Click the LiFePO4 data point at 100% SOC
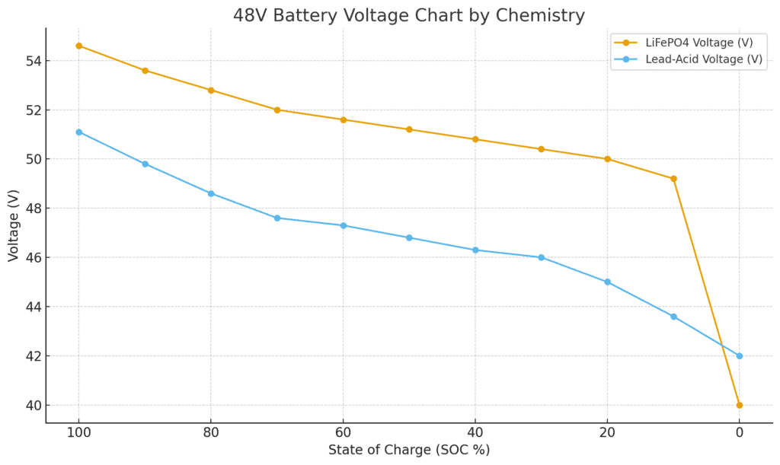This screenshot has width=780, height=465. click(x=78, y=46)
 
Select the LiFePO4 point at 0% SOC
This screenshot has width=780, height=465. click(x=739, y=405)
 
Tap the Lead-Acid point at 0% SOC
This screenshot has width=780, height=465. click(x=739, y=355)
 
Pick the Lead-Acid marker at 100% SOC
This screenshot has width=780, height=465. click(x=78, y=132)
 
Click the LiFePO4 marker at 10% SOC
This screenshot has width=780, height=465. click(x=673, y=179)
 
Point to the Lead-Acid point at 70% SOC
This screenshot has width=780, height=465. click(x=277, y=218)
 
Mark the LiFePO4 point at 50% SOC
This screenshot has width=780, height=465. click(x=409, y=129)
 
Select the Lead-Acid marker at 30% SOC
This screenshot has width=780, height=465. click(x=541, y=257)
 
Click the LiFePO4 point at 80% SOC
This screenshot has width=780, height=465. click(x=211, y=90)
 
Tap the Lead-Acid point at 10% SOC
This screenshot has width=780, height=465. click(x=673, y=317)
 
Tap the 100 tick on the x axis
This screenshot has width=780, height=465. click(x=78, y=433)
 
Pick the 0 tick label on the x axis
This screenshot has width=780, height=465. click(x=739, y=433)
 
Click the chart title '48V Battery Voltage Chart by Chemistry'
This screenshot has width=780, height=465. click(x=409, y=15)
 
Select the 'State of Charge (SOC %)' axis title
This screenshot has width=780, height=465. click(x=409, y=450)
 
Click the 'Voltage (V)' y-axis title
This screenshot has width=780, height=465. click(x=14, y=225)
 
